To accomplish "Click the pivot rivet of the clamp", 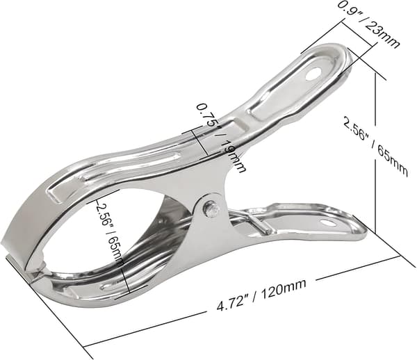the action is [211, 209].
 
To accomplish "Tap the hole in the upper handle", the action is [313, 74].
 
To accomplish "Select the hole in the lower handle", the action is [328, 222].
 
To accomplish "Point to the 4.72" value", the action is [230, 304].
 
